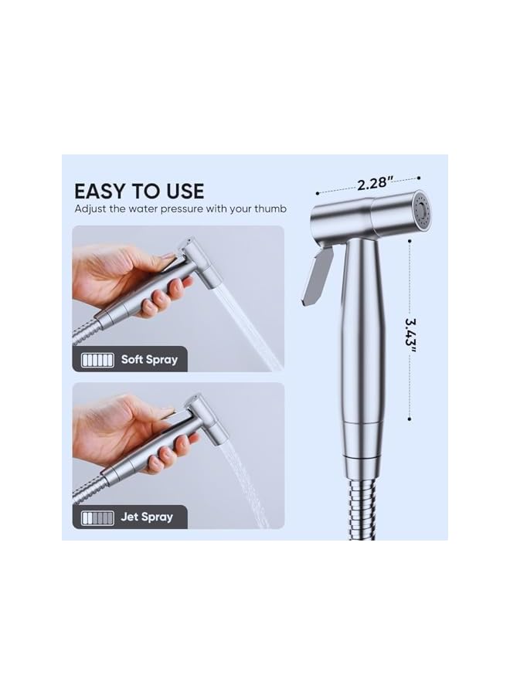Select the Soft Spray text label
(149, 359)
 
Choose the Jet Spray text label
(147, 517)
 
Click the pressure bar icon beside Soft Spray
(97, 360)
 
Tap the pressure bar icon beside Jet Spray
(97, 517)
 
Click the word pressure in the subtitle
(176, 209)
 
